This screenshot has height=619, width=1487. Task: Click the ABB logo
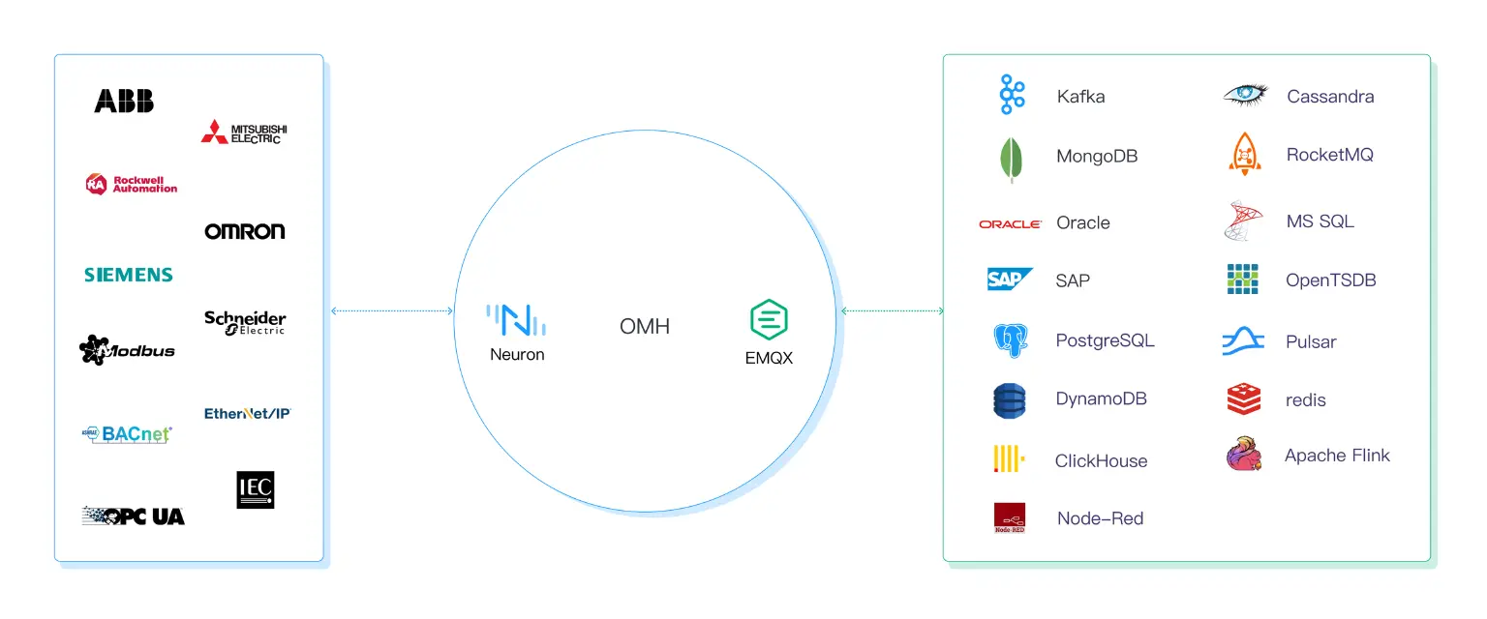click(124, 101)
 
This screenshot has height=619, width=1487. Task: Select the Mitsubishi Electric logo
click(244, 133)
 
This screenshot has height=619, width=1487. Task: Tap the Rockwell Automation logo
click(132, 184)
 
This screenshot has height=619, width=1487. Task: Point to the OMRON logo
click(245, 231)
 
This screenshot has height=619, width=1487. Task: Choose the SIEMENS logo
click(129, 275)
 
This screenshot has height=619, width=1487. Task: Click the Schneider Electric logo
click(245, 322)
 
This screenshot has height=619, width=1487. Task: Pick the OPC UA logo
click(134, 516)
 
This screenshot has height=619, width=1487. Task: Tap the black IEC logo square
click(256, 490)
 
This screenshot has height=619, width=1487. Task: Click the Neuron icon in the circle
click(516, 320)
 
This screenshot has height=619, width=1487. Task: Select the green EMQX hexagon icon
click(769, 319)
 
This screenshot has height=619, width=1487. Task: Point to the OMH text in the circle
click(645, 327)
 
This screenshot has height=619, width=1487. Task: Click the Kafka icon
click(1012, 95)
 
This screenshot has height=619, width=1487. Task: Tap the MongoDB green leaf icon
click(1011, 159)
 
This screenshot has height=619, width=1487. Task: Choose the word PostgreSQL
click(1105, 340)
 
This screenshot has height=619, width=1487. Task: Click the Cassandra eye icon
click(1245, 95)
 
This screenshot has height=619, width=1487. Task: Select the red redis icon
click(1244, 399)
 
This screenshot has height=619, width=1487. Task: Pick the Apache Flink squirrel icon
click(1244, 455)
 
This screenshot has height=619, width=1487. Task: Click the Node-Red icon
click(1010, 518)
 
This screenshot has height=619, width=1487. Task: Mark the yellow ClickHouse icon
click(1009, 458)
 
